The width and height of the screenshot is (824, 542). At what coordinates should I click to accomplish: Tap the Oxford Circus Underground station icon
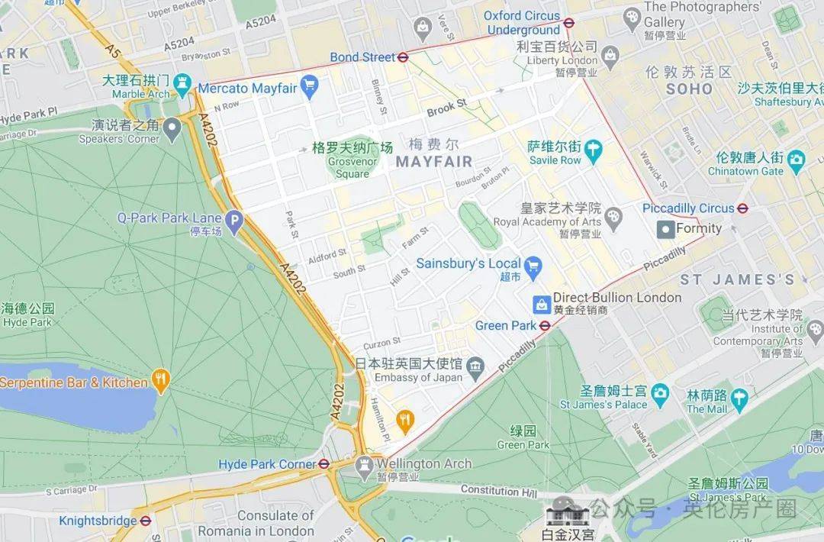point(568,22)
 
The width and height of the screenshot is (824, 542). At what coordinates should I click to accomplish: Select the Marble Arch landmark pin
point(182,82)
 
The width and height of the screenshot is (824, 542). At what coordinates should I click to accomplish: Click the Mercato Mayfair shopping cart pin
point(308,87)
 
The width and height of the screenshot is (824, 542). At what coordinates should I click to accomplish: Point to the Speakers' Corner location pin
point(172,127)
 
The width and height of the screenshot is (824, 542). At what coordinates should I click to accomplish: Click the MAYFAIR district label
point(433,161)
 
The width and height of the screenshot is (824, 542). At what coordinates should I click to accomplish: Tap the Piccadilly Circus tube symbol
point(742,208)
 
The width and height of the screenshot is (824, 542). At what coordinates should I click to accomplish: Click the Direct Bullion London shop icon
point(541,304)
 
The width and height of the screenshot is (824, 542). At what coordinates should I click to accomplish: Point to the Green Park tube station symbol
point(545,326)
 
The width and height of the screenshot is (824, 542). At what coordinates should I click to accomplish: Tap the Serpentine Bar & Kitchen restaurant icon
point(160,379)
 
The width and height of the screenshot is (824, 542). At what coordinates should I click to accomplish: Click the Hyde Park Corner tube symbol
point(324,463)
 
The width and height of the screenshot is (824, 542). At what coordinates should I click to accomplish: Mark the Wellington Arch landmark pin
point(365,463)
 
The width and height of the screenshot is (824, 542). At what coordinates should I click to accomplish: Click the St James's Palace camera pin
point(660,394)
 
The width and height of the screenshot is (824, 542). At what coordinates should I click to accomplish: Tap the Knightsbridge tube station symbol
point(146,521)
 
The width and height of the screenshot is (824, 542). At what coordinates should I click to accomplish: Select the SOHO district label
point(689,89)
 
